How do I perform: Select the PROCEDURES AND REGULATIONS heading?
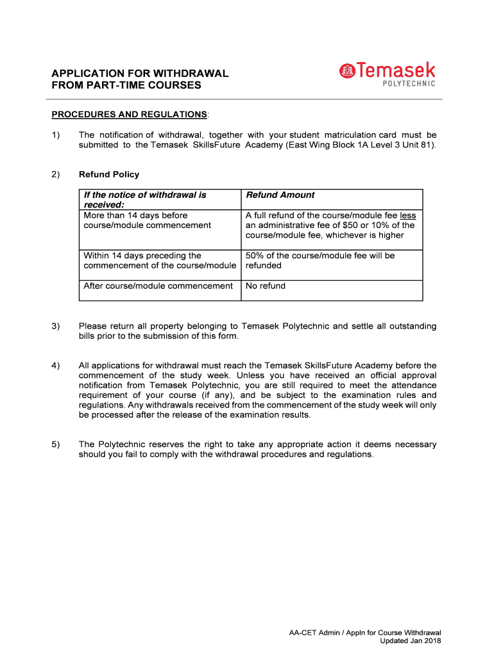click(129, 114)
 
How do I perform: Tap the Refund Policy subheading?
click(108, 174)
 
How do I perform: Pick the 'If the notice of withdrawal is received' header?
click(145, 199)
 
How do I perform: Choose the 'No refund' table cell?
click(266, 286)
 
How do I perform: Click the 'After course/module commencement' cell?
click(158, 286)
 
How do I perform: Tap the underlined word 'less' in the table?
click(407, 215)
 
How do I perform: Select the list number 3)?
click(56, 326)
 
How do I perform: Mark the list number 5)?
click(56, 444)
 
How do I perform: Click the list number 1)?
click(56, 135)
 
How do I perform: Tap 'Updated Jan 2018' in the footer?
click(410, 641)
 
